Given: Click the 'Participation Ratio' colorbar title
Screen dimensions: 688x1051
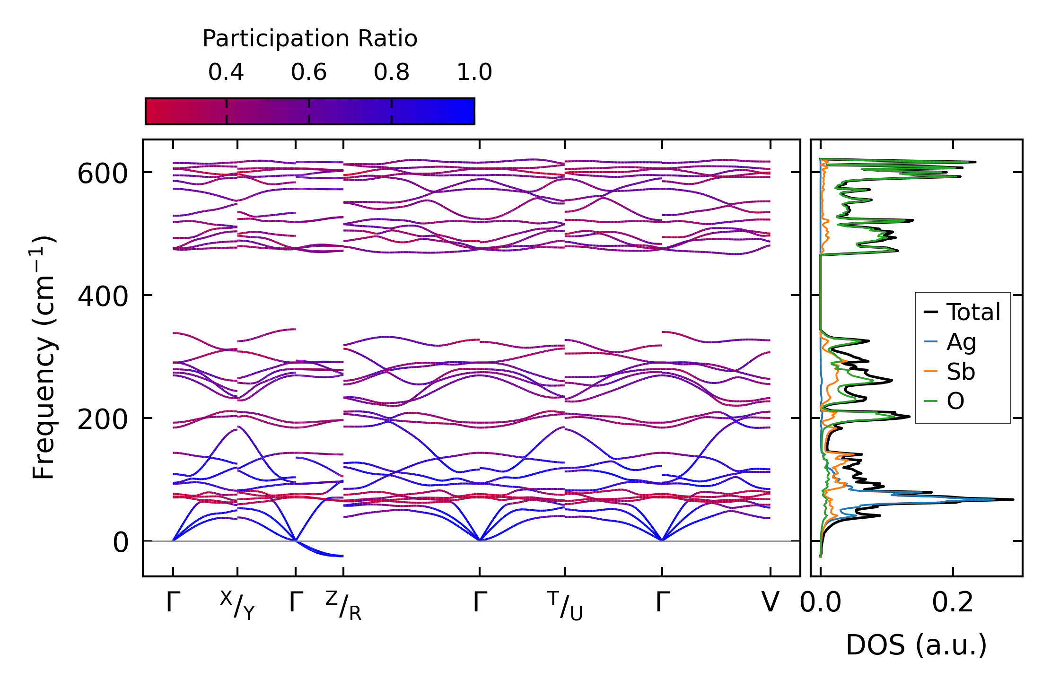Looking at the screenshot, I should tap(310, 39).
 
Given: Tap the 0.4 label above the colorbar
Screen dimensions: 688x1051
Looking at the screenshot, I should tap(226, 72).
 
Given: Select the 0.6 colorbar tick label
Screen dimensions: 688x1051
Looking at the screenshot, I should tap(309, 72).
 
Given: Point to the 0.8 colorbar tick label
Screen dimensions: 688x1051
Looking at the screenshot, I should tap(392, 72).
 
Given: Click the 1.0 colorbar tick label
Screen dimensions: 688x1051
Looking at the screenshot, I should tap(474, 72).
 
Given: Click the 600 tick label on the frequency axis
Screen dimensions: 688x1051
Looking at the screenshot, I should tap(103, 174).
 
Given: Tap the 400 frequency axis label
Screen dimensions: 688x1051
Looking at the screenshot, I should tap(103, 297).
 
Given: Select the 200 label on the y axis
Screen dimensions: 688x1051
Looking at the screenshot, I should tap(103, 420).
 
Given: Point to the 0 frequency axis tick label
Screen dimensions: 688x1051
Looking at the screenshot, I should tap(121, 543).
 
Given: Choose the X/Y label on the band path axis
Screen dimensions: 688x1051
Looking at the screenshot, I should tap(237, 606).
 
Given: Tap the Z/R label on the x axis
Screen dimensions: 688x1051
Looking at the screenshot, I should tap(343, 606).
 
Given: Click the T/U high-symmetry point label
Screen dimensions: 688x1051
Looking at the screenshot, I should tap(565, 606).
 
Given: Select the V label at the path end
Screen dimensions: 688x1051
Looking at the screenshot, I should tap(770, 603).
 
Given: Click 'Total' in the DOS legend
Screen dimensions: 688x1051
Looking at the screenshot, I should tap(973, 312).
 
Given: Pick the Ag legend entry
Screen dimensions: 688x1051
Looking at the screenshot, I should tap(961, 342).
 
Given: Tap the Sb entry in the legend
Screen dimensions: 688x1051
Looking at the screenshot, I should tap(961, 372).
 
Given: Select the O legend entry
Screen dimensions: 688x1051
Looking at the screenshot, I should tap(955, 401).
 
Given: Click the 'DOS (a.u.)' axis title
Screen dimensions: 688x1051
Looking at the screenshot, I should tap(916, 645).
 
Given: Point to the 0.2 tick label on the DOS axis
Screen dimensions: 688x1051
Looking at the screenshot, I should tap(953, 603).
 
